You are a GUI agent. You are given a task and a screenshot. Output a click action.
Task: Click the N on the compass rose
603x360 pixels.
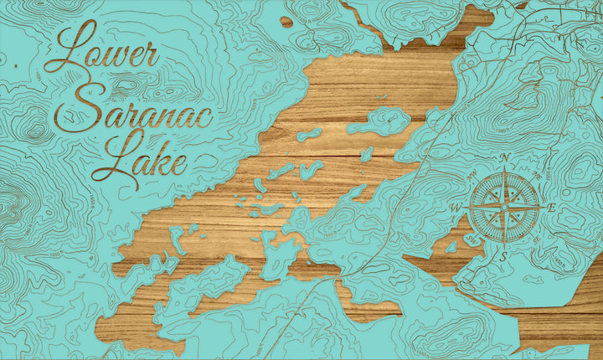pyautogui.click(x=504, y=157)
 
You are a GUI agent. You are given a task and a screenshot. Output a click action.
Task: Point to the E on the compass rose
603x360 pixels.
pyautogui.click(x=551, y=207)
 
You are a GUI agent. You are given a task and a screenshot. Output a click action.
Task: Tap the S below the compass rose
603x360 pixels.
pyautogui.click(x=503, y=257)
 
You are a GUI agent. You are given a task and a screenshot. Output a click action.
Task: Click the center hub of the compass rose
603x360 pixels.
pyautogui.click(x=504, y=207)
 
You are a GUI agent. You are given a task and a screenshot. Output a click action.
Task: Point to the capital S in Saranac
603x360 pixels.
pyautogui.click(x=89, y=104)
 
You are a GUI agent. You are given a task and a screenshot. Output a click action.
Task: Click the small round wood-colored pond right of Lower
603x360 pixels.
pyautogui.click(x=286, y=22)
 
